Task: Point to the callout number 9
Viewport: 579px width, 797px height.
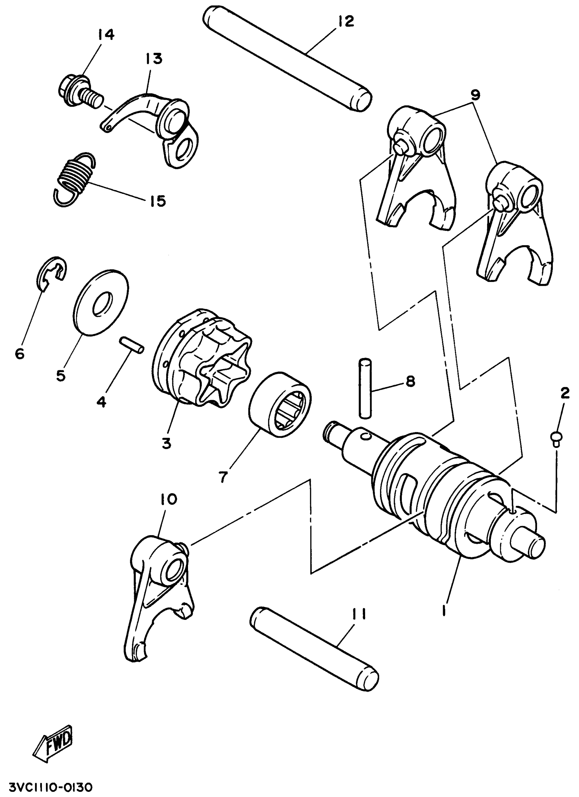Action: coord(475,95)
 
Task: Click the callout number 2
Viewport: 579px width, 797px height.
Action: coord(565,394)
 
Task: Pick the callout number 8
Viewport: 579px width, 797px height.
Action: coord(410,381)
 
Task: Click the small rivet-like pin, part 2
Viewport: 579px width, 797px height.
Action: coord(556,439)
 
